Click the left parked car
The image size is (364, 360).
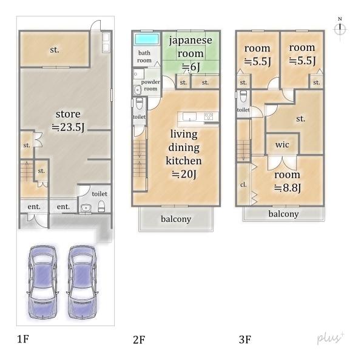42,282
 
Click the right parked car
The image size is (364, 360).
83,282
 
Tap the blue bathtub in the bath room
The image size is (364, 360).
147,39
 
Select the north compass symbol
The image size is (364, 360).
340,28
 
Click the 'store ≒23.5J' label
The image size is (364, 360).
68,121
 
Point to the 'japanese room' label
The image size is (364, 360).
190,47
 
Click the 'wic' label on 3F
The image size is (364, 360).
282,145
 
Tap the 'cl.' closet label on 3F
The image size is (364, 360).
243,185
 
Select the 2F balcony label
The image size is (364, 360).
176,219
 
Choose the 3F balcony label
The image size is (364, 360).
283,214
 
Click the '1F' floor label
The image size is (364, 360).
23,339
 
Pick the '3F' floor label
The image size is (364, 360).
245,339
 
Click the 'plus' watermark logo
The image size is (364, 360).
331,338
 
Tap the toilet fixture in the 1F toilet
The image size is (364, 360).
101,206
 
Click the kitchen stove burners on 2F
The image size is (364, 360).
209,116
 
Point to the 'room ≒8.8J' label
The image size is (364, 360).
288,181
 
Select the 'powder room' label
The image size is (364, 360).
150,85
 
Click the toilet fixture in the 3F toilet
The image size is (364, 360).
243,96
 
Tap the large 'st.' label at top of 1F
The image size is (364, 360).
55,50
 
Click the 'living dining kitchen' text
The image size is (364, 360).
184,147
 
